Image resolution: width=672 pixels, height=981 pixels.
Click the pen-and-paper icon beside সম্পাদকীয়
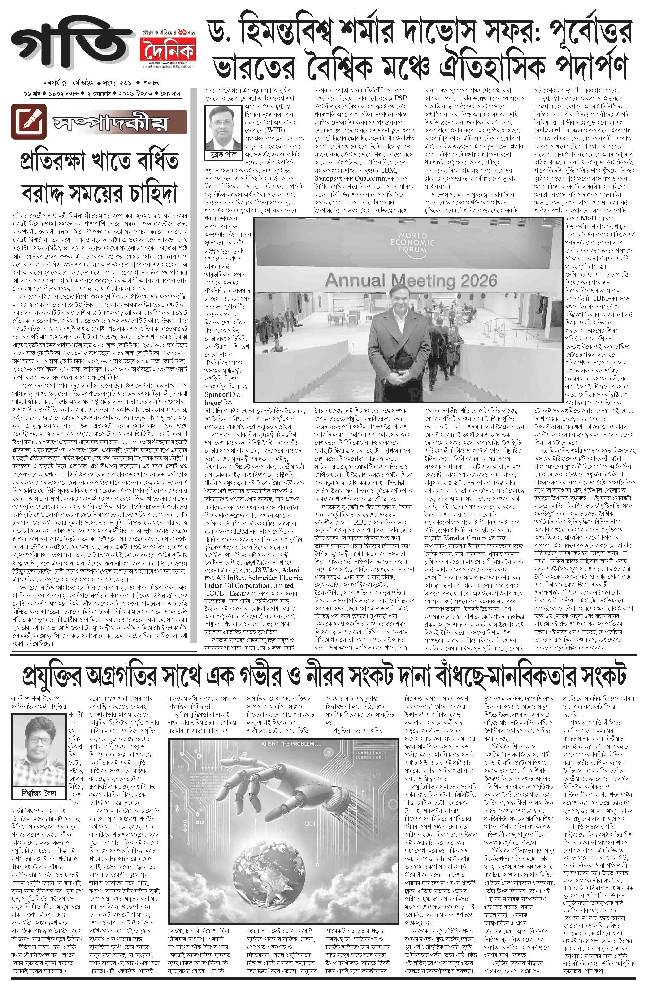(x=29, y=121)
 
